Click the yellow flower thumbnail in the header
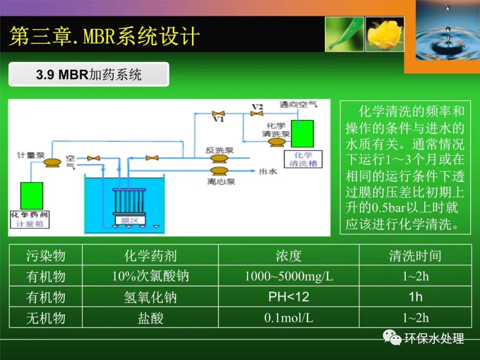pos(384,34)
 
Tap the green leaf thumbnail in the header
pos(344,34)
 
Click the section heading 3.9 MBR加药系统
pos(89,74)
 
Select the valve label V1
pos(218,120)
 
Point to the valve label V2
pos(257,107)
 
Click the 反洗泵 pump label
pos(219,150)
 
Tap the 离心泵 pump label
pos(221,181)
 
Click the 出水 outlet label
pos(268,171)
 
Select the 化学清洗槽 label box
pos(304,159)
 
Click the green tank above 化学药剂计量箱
pos(32,196)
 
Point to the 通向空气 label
pos(298,104)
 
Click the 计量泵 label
pos(31,156)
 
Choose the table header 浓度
pos(288,256)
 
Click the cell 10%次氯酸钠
pos(150,276)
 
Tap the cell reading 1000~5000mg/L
pos(288,276)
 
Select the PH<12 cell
pos(288,297)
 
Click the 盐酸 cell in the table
pos(150,318)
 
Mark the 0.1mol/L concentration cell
pos(288,318)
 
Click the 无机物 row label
pos(46,318)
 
